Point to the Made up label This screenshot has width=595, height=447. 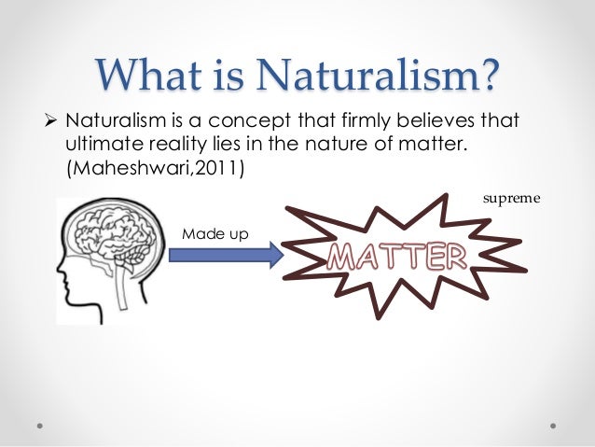click(214, 232)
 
